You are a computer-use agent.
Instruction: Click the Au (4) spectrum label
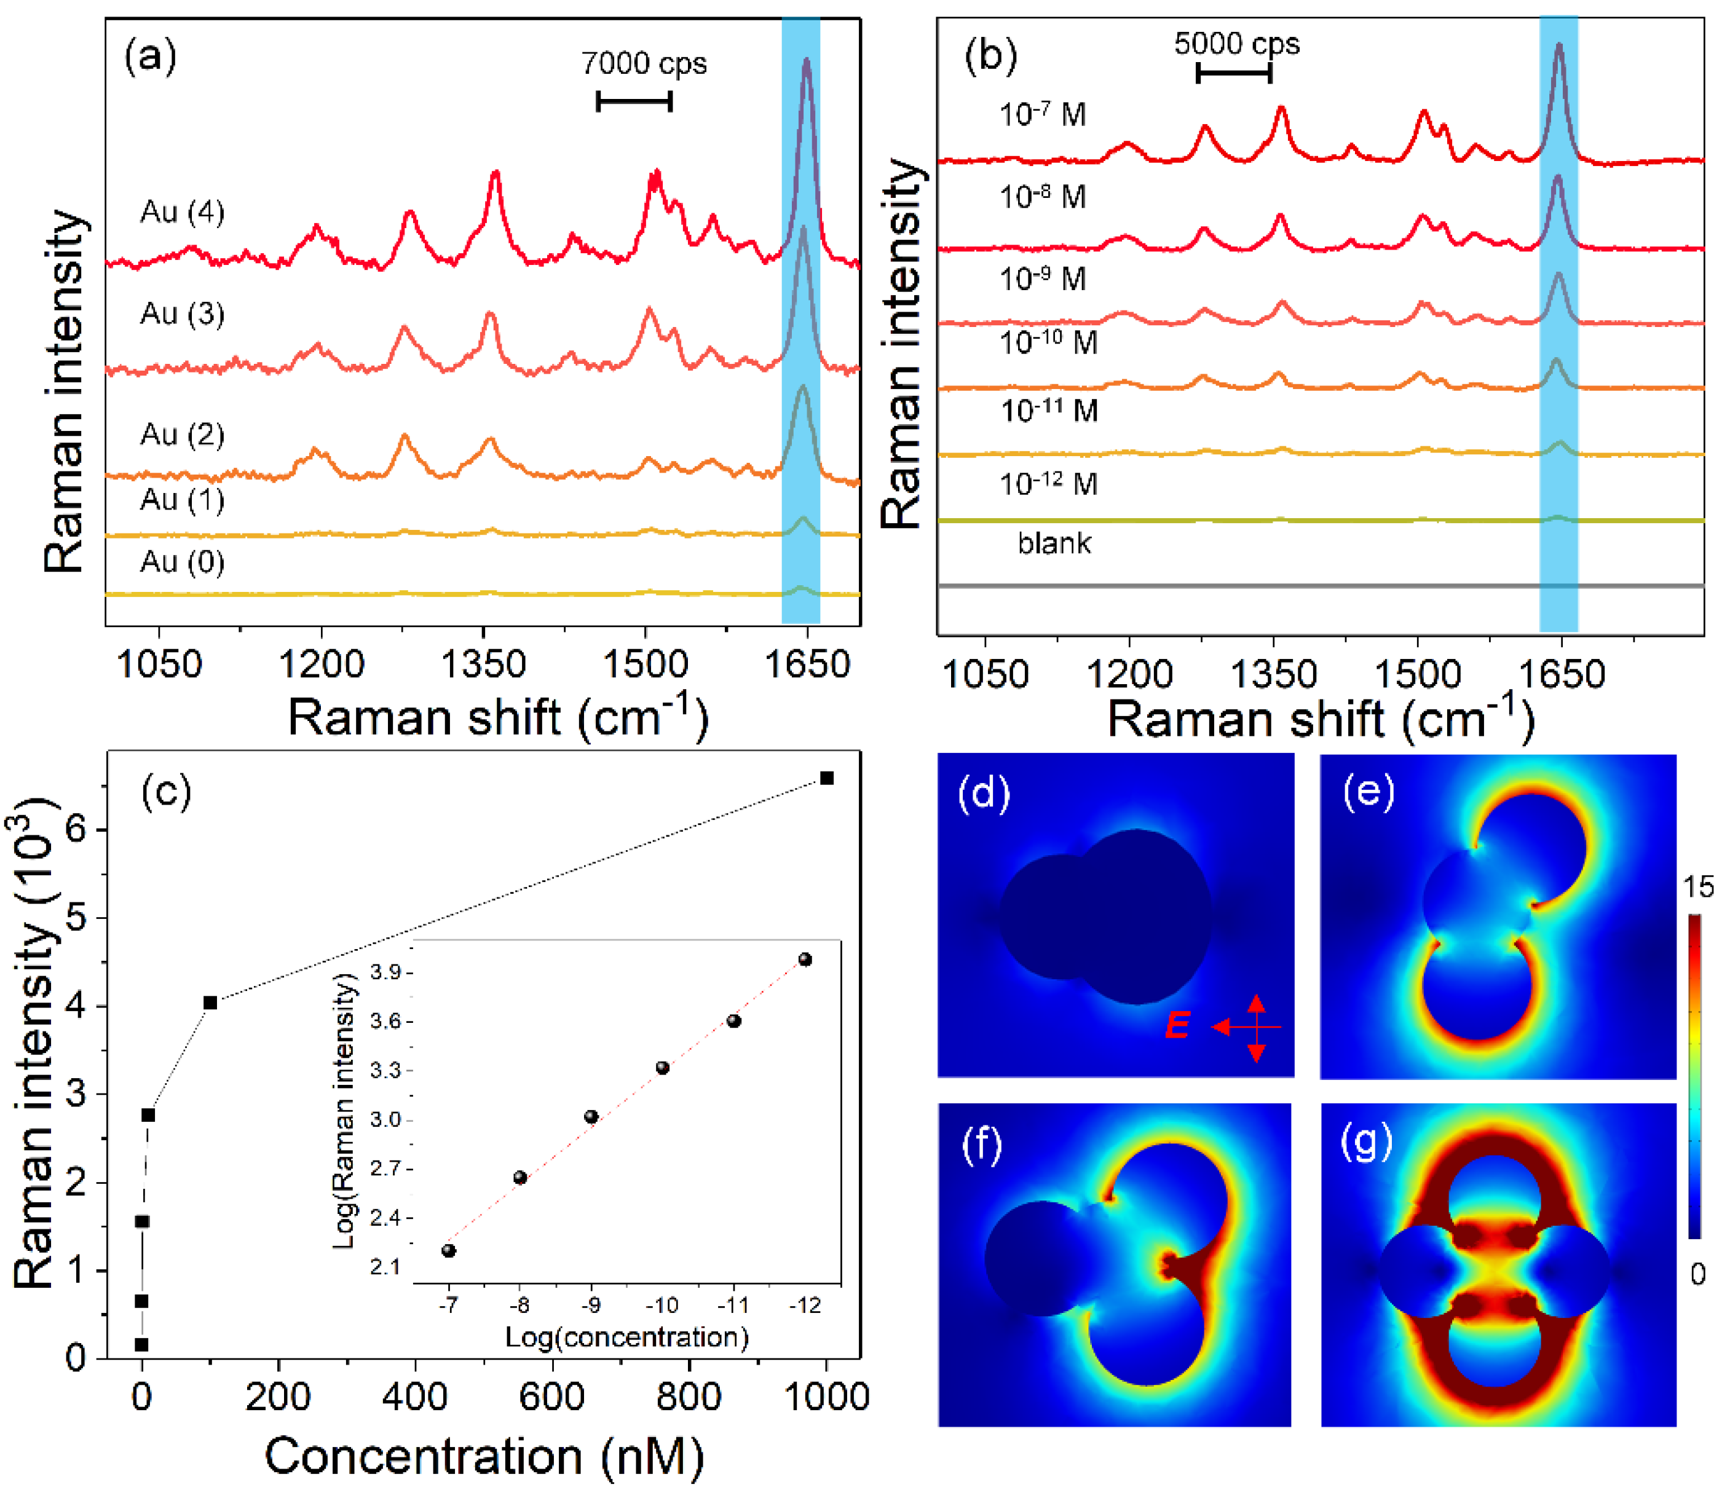(182, 212)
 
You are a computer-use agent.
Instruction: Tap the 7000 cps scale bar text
(644, 63)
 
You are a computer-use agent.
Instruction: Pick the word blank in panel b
(1054, 544)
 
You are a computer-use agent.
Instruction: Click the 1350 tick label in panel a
(483, 665)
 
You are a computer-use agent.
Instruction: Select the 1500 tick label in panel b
(1417, 674)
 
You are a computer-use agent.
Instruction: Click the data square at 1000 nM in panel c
(826, 778)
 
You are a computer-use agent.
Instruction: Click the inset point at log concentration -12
(805, 960)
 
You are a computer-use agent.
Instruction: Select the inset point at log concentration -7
(449, 1250)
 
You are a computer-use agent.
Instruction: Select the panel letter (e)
(1369, 792)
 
